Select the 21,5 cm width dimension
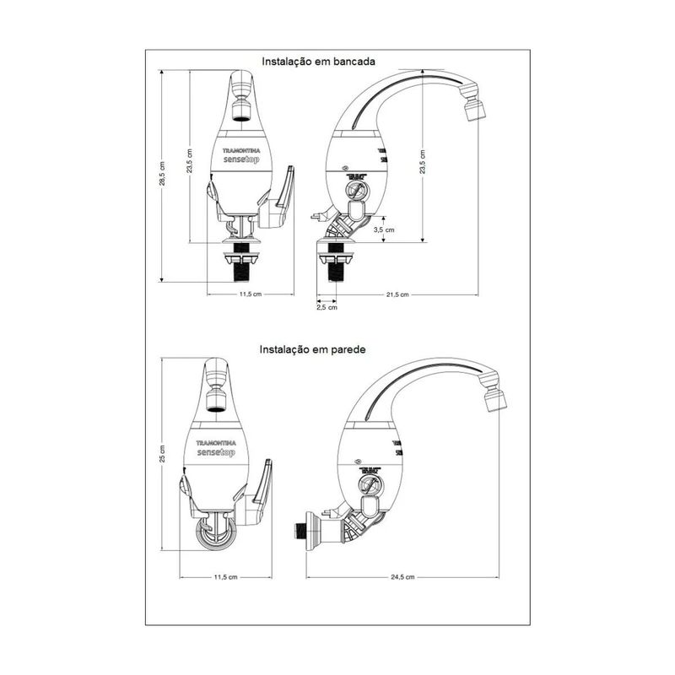point(397,294)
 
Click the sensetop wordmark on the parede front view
point(221,452)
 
